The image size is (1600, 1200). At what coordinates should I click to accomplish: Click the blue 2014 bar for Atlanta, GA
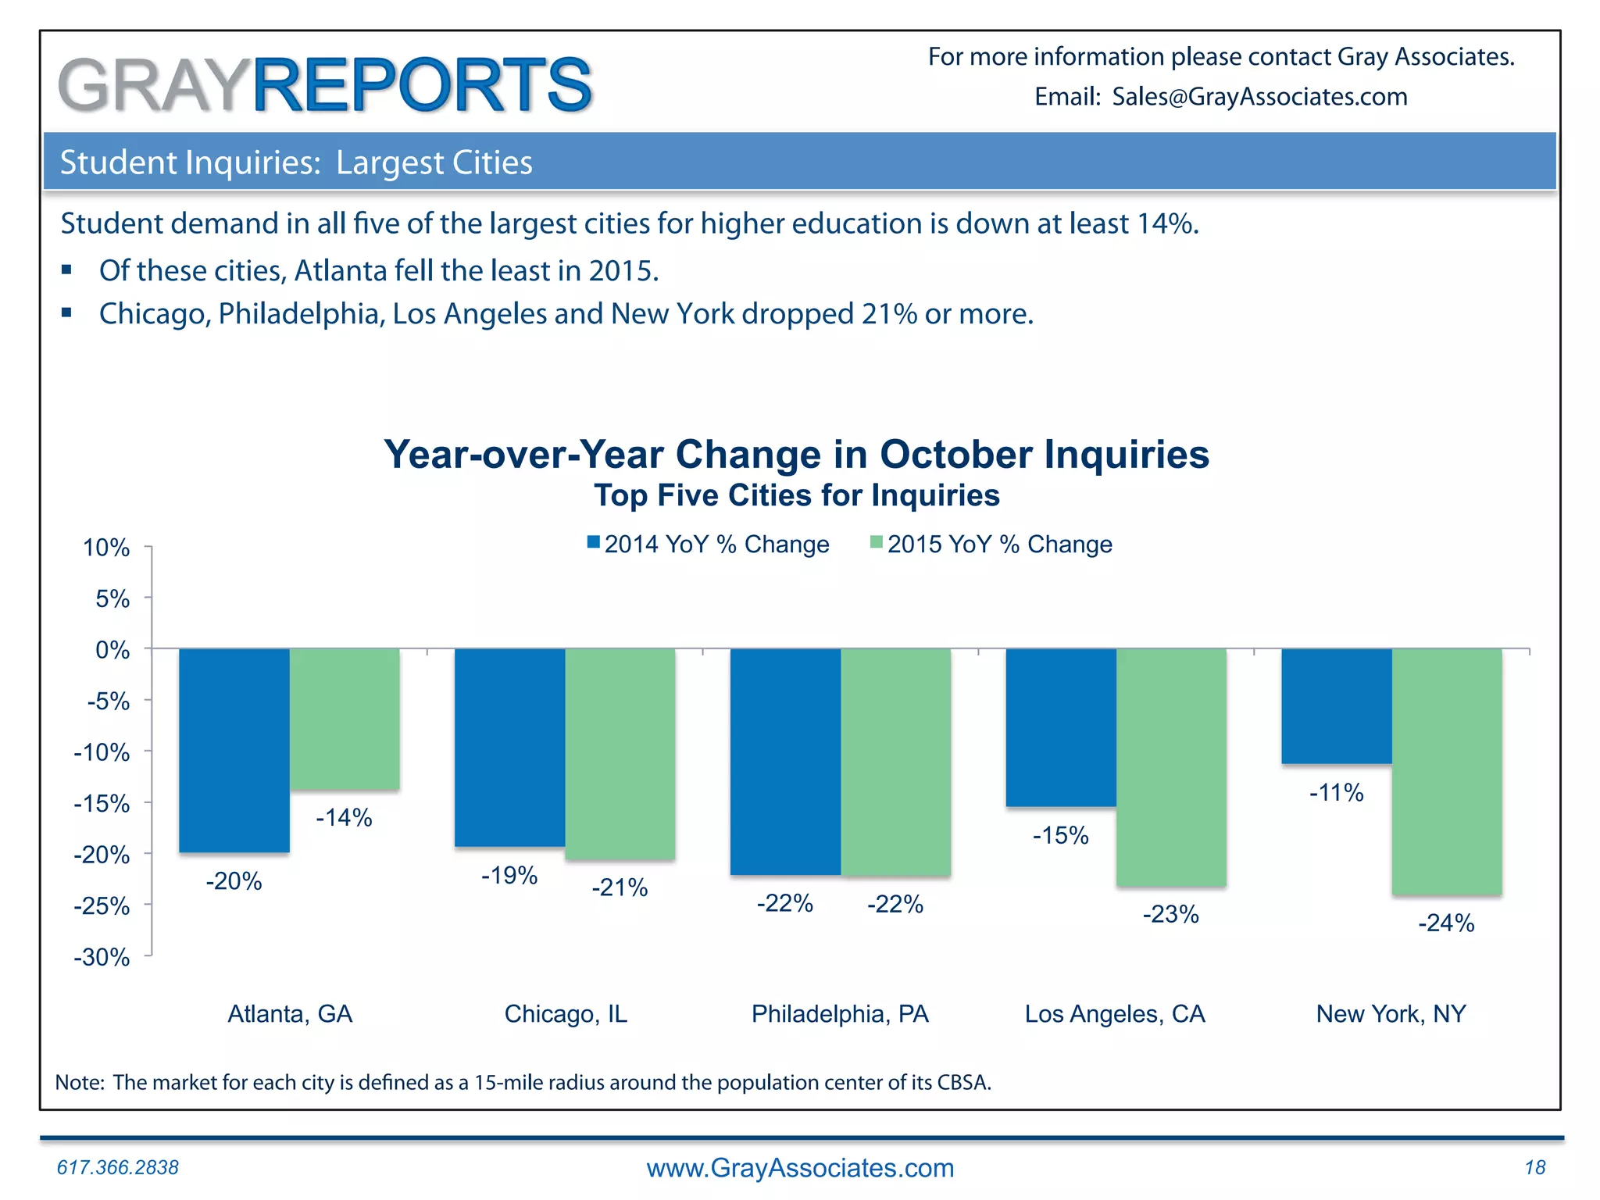pos(234,750)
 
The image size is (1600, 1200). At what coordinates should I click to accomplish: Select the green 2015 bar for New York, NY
pos(1447,771)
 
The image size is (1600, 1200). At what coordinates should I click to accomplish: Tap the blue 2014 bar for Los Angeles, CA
pos(1061,727)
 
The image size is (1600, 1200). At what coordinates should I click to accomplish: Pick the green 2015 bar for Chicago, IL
pos(620,754)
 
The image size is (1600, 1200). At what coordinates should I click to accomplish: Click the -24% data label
pos(1446,923)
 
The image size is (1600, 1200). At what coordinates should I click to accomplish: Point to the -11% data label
pos(1337,793)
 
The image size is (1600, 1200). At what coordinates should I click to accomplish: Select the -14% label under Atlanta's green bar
pos(344,818)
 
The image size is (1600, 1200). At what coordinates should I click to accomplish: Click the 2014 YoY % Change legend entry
pos(709,544)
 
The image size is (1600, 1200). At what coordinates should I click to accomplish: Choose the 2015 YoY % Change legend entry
pos(991,544)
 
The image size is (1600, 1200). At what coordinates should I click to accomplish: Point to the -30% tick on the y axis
pos(102,957)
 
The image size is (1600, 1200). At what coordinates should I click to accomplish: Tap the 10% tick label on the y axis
pos(106,548)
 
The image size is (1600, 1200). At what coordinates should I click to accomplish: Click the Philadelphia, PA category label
pos(840,1014)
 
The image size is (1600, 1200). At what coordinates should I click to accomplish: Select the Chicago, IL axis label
pos(566,1014)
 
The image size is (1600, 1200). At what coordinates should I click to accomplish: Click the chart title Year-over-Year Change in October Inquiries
pos(796,455)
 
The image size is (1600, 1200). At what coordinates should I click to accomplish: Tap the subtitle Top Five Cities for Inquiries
pos(796,496)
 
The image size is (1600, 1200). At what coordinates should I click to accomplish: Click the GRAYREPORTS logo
pos(325,84)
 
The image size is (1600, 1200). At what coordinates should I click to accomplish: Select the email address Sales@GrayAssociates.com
pos(1259,97)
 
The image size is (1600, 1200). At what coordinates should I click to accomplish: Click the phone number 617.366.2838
pos(118,1167)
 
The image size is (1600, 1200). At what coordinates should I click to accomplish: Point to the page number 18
pos(1534,1167)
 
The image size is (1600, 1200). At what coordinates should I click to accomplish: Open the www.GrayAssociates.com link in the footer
pos(800,1168)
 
